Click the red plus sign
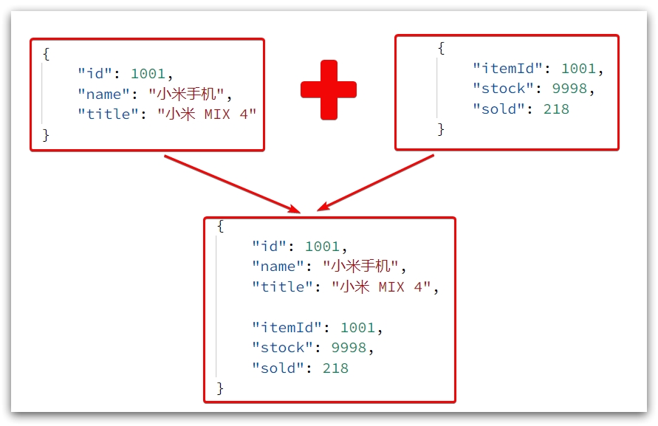(x=329, y=90)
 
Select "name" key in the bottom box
(x=279, y=266)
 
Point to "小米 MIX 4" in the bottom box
(x=380, y=286)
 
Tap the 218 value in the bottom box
(x=335, y=368)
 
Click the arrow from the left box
(x=232, y=183)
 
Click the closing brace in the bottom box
(x=220, y=388)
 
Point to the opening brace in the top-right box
(x=441, y=49)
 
